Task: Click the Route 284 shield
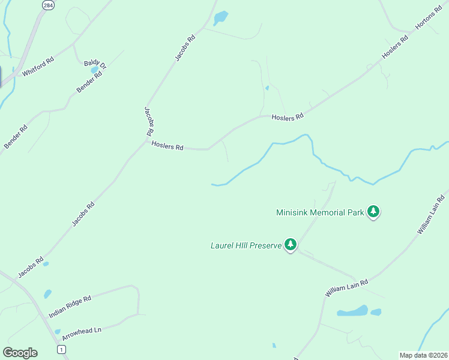[x=47, y=5]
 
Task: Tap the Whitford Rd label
[x=38, y=66]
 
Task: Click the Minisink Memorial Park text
[x=320, y=212]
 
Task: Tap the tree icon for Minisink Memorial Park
[x=374, y=212]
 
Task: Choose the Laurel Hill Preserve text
[x=246, y=245]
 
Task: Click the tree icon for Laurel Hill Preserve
[x=291, y=244]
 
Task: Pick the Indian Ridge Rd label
[x=70, y=306]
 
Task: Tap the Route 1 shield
[x=61, y=349]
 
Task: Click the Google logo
[x=20, y=353]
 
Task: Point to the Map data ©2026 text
[x=423, y=355]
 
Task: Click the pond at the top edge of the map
[x=220, y=17]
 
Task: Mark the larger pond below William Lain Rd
[x=353, y=311]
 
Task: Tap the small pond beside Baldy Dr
[x=94, y=71]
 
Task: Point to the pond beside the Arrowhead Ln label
[x=58, y=331]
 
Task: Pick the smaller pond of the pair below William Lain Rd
[x=376, y=312]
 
